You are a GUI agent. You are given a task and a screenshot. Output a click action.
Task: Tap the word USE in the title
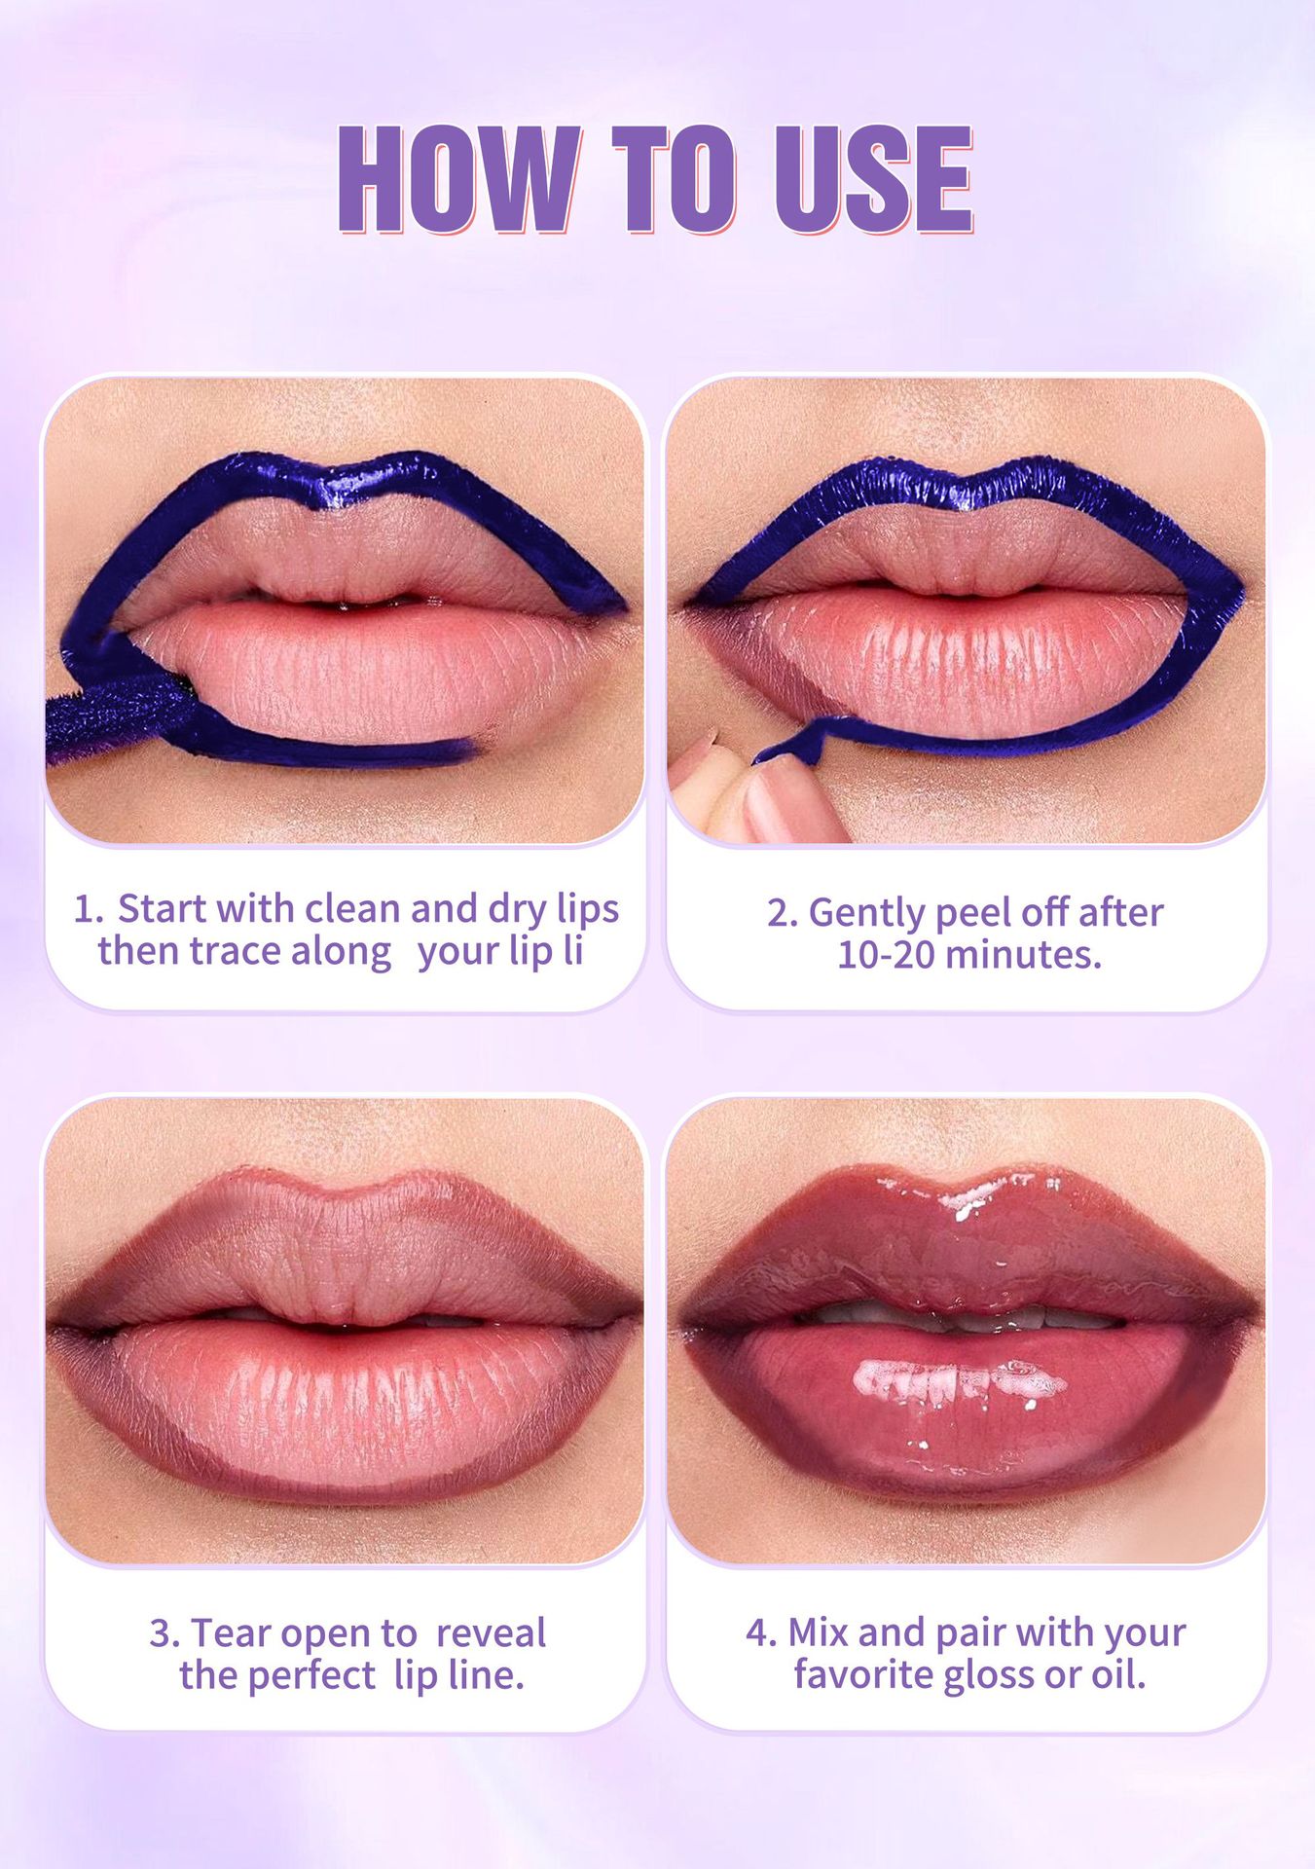874,179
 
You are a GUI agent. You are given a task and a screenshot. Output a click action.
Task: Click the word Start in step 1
162,908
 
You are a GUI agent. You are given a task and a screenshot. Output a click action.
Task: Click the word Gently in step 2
866,914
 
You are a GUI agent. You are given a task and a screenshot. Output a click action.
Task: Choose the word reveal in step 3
491,1632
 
